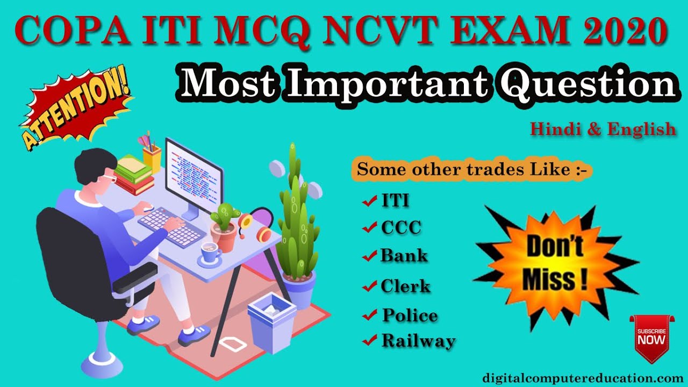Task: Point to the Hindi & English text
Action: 603,129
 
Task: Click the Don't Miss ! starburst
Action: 555,264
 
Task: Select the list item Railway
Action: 418,340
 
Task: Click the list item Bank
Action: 404,255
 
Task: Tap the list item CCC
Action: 401,228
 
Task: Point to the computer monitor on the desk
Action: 193,172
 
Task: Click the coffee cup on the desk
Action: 210,252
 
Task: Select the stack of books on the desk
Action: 133,175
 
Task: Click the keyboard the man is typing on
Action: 171,224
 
